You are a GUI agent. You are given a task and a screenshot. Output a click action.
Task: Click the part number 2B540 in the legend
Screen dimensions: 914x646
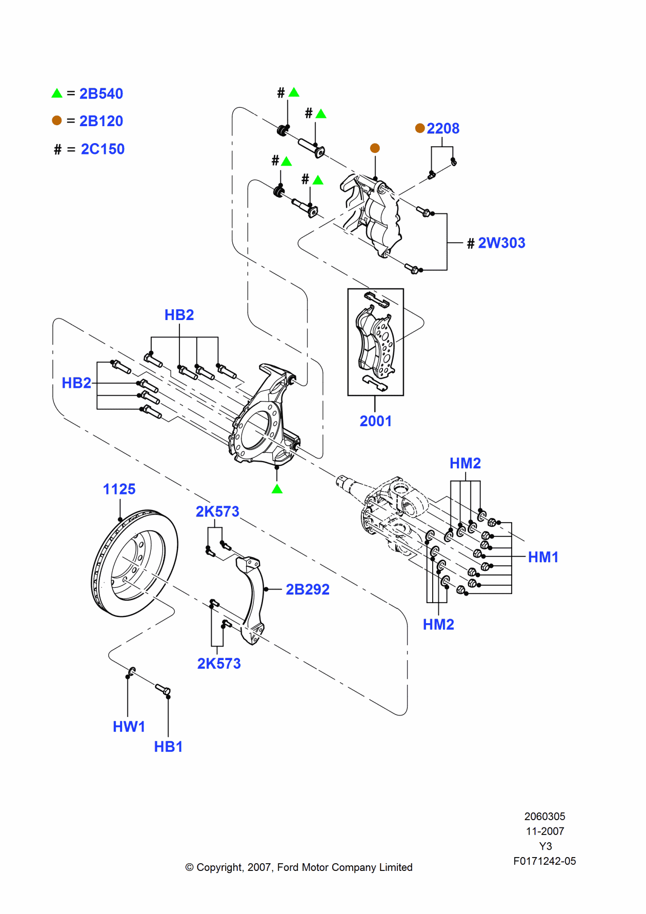click(x=101, y=94)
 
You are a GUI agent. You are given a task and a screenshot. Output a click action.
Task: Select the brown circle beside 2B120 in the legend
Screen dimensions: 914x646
click(x=57, y=120)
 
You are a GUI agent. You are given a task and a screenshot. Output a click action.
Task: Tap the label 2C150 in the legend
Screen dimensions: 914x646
click(x=103, y=149)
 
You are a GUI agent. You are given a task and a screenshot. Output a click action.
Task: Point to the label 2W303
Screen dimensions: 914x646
click(x=501, y=243)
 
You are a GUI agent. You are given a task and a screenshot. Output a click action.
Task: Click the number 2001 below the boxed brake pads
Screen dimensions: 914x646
click(x=375, y=421)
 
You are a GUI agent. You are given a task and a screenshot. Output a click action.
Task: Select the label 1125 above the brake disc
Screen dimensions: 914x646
click(x=119, y=489)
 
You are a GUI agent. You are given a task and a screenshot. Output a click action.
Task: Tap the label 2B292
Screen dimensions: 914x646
click(x=307, y=589)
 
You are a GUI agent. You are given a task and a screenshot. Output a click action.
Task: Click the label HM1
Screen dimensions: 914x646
click(x=543, y=557)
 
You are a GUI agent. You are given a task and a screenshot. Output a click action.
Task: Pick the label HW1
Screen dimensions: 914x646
click(x=129, y=727)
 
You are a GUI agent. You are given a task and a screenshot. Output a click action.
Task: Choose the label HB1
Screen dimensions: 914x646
click(x=168, y=747)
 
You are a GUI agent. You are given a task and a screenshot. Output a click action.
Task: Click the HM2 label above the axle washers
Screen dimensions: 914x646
click(x=465, y=463)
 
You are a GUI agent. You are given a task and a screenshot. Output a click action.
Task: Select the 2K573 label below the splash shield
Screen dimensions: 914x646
click(x=219, y=664)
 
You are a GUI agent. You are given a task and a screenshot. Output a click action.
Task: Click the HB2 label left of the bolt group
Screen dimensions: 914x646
click(x=76, y=383)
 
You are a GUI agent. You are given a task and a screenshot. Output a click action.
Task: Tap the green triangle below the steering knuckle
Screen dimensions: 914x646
click(x=277, y=489)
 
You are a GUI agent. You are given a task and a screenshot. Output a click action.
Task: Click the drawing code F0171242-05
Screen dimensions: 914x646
click(x=544, y=861)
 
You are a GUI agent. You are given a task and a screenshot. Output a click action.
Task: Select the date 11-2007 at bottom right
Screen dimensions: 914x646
click(x=544, y=831)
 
